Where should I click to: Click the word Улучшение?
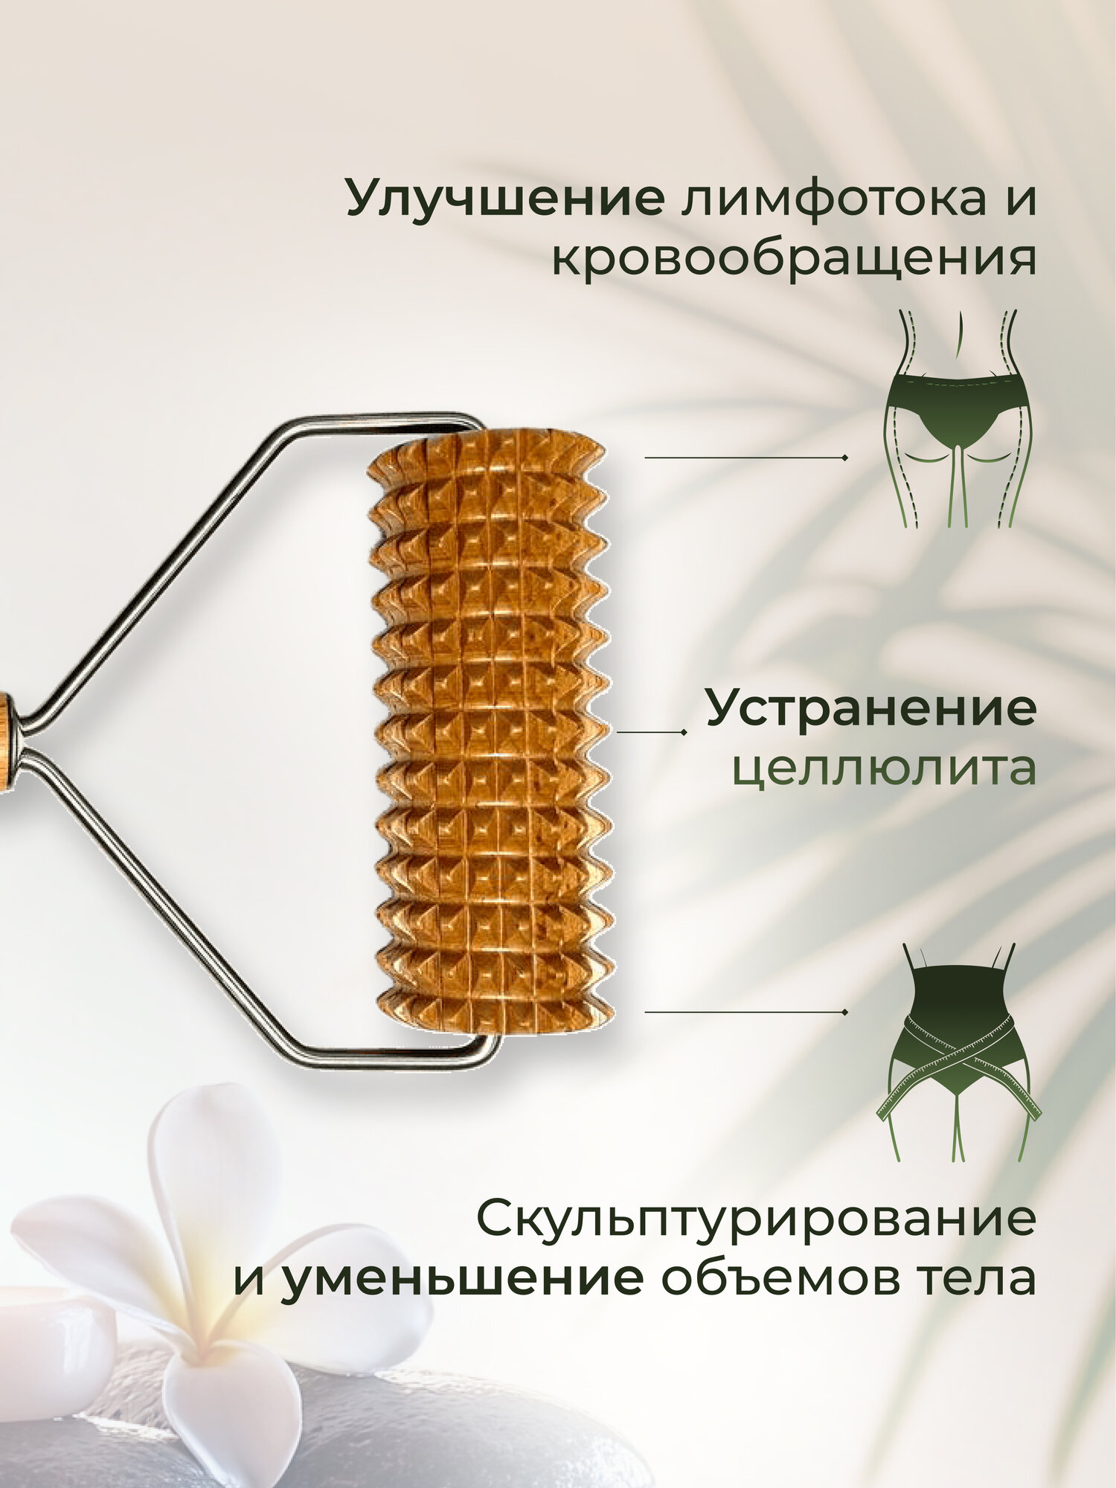[506, 196]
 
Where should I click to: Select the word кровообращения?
[793, 260]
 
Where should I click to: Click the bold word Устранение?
[870, 708]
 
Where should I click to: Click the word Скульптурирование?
[756, 1218]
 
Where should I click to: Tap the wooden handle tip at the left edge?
[4, 733]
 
